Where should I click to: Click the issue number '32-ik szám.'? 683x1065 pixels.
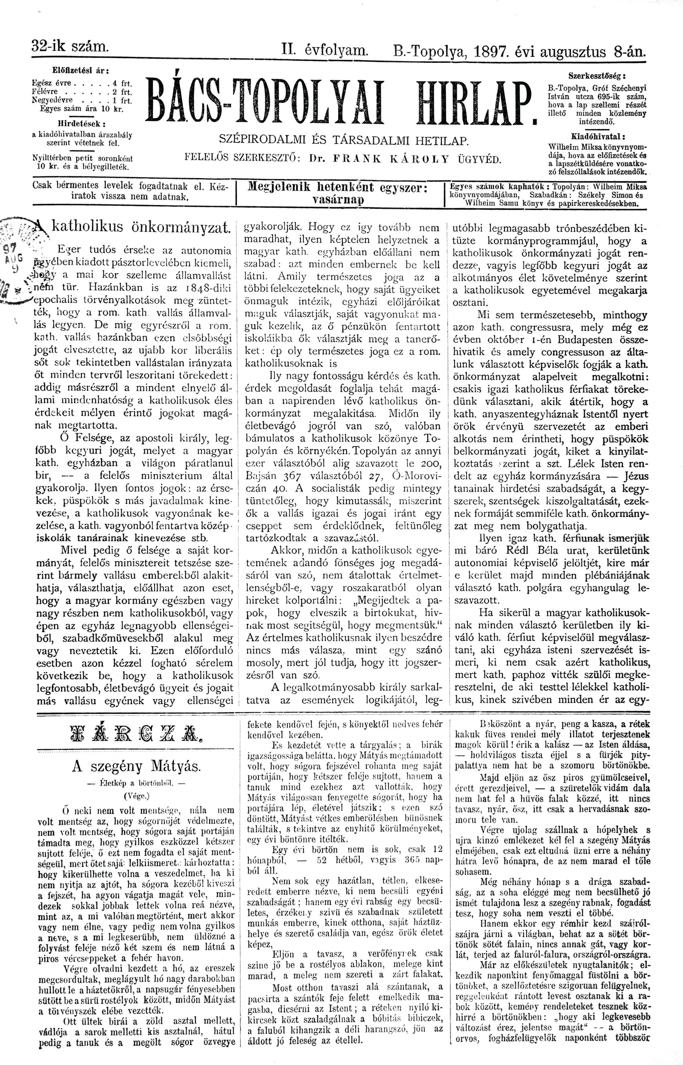[x=70, y=46]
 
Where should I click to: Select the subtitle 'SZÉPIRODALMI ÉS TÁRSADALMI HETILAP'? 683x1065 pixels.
[x=344, y=140]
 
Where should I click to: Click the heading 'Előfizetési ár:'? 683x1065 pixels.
[x=80, y=70]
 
